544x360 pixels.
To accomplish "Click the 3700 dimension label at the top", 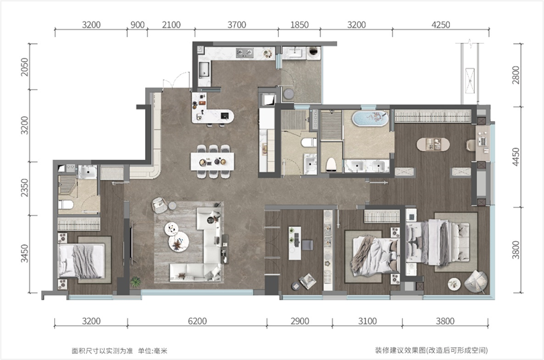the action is click(x=236, y=25).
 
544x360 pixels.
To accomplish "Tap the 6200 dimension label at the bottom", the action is click(x=197, y=321).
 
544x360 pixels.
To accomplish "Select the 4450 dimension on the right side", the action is click(x=516, y=156).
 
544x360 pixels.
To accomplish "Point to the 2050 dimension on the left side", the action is click(x=24, y=67).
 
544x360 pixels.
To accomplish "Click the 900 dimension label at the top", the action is click(x=138, y=25).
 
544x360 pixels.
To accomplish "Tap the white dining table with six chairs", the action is click(x=212, y=162).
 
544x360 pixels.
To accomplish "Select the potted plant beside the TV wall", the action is click(x=135, y=281).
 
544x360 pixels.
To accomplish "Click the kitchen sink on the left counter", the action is click(x=204, y=69).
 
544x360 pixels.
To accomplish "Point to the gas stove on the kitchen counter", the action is click(x=244, y=53).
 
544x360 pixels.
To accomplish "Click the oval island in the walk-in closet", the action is click(x=433, y=144).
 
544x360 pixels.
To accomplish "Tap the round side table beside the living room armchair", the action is click(x=173, y=206).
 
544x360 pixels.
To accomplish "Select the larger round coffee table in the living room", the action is click(x=179, y=241).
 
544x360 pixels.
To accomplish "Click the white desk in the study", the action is click(x=295, y=243).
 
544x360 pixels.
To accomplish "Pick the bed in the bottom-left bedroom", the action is click(x=81, y=261).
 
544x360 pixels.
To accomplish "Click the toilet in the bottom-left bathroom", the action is click(x=66, y=205).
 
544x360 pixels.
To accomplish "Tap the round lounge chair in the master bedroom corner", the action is click(x=475, y=281).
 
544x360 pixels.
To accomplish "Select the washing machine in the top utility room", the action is click(x=314, y=52).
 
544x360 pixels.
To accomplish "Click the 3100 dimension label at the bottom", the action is click(x=367, y=321).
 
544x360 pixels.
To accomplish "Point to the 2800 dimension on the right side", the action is click(x=516, y=75).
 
